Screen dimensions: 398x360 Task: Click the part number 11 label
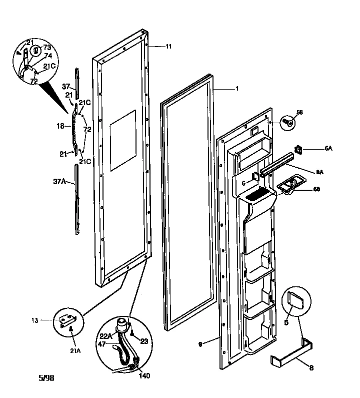point(168,47)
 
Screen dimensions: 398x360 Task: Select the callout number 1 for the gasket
point(236,89)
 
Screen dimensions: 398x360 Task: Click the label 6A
point(328,149)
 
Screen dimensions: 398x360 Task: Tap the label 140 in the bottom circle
point(144,375)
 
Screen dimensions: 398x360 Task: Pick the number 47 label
point(101,345)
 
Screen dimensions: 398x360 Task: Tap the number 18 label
point(61,127)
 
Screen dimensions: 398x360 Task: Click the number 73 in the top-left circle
point(47,47)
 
